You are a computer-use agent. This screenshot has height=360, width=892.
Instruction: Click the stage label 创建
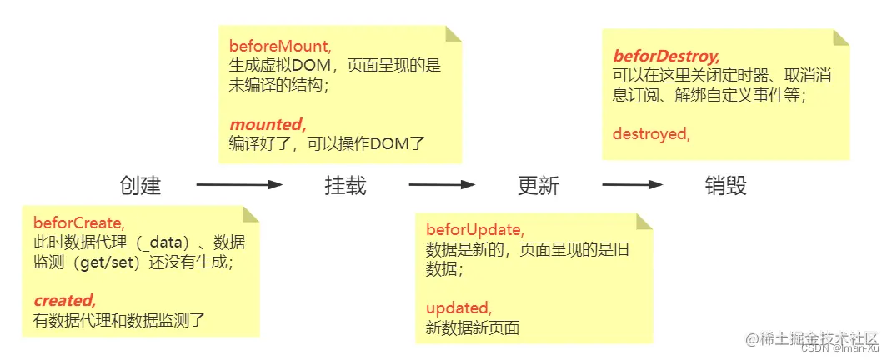(x=140, y=185)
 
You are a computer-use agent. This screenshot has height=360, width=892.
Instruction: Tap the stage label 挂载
(x=345, y=185)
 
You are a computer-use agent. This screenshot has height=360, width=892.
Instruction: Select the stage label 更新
(x=538, y=185)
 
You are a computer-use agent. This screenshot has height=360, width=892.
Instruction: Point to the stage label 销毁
(x=725, y=185)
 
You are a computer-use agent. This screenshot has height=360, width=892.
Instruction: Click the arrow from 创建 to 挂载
(x=239, y=185)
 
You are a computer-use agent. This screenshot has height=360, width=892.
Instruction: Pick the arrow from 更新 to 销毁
(x=633, y=185)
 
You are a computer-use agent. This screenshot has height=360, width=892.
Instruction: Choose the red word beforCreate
(x=79, y=222)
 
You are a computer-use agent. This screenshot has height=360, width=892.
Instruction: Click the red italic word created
(x=65, y=300)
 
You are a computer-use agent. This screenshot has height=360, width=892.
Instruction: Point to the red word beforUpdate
(x=475, y=229)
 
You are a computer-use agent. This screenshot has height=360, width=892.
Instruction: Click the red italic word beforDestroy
(x=666, y=57)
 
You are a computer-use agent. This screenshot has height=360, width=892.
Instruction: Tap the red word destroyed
(x=651, y=133)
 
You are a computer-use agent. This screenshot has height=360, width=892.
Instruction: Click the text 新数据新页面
(x=473, y=327)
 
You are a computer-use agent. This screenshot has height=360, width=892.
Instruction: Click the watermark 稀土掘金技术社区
(x=813, y=338)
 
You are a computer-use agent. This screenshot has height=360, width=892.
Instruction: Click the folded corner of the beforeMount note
(x=453, y=33)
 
